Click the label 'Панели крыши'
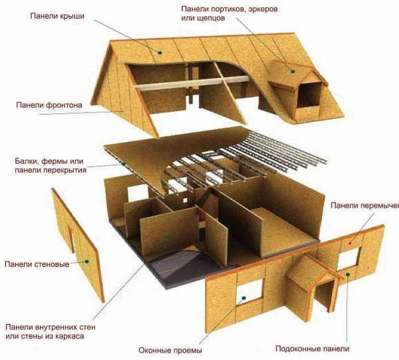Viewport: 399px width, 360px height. [x=57, y=16]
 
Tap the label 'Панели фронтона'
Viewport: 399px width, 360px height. [x=49, y=105]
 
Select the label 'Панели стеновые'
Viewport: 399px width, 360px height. [x=37, y=264]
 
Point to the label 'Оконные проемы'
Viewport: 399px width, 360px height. [x=170, y=350]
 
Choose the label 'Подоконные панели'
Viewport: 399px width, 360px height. [x=313, y=349]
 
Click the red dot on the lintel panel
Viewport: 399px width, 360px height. [x=350, y=244]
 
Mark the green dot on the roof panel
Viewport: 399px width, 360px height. [x=160, y=53]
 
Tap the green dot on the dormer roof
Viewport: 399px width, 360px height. [x=293, y=72]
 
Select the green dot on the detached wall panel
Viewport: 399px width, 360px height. [x=86, y=262]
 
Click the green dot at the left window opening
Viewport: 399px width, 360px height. [x=243, y=298]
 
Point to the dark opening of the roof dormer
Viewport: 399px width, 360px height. [x=309, y=94]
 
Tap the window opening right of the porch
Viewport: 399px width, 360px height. [x=348, y=259]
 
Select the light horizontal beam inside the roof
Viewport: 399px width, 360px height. [x=192, y=83]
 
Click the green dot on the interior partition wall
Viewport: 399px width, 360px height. [x=168, y=239]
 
